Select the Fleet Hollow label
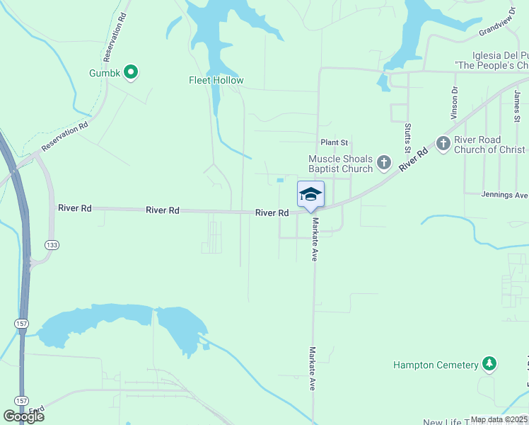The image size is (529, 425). [216, 80]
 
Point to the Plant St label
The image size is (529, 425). [335, 142]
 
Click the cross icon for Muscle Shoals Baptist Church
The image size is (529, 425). [383, 163]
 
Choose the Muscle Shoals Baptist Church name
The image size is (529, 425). [340, 164]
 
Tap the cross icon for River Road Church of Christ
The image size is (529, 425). [443, 144]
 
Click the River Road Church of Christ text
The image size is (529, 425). [489, 144]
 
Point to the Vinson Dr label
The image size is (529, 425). [455, 103]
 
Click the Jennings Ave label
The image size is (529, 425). [504, 195]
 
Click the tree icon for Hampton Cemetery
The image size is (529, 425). [489, 364]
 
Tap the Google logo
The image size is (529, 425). [23, 416]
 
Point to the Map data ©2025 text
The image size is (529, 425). [498, 419]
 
